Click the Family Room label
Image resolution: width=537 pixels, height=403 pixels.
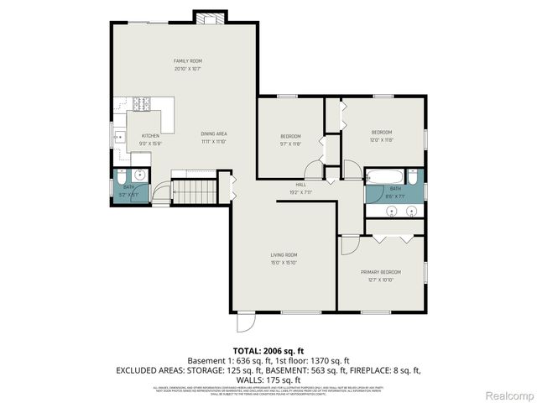coord(188,61)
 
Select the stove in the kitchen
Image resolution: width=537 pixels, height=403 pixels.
coord(142,104)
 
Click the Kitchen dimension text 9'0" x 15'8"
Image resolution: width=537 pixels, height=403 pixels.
coord(150,142)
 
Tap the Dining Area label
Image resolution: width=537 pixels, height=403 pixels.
coord(214,133)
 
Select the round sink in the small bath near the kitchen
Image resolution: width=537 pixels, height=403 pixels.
coord(140,176)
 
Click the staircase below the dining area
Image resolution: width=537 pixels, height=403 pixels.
coord(194,189)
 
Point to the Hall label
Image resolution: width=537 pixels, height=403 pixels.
coord(300,185)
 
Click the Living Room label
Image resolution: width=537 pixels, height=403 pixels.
coord(284,254)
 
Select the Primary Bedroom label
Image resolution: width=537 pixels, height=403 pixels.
coord(381,272)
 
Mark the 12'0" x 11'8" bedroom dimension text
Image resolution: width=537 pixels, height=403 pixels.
coord(382,139)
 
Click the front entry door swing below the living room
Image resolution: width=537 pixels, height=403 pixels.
coord(244,323)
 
